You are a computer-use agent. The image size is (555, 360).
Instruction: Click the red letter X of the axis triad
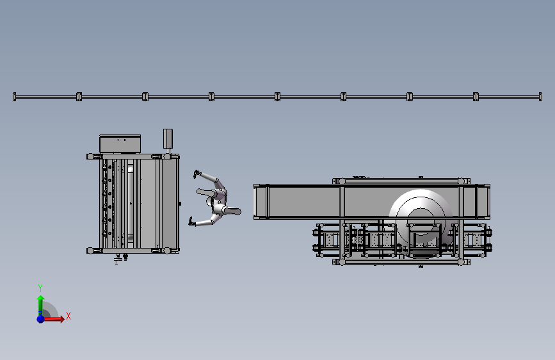[x=68, y=316]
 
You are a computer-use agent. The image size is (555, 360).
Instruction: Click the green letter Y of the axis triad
[x=40, y=288]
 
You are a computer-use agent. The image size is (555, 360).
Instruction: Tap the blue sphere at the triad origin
[x=41, y=319]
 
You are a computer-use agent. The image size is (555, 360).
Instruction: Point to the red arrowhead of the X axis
[x=62, y=319]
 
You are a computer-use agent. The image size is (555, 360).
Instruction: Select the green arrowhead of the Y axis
[x=41, y=298]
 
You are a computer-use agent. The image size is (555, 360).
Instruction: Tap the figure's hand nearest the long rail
[x=197, y=174]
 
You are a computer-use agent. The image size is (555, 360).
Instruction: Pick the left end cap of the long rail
[x=14, y=97]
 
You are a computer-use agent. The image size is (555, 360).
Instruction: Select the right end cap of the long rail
[x=540, y=97]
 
